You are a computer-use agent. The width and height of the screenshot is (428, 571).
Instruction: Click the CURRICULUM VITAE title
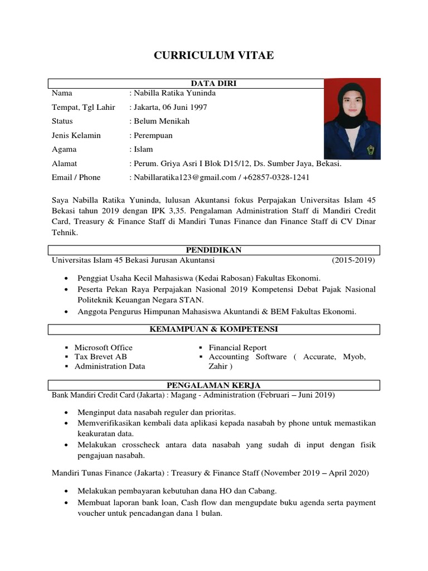[x=214, y=56]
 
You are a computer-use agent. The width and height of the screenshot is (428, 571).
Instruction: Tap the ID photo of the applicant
[x=352, y=119]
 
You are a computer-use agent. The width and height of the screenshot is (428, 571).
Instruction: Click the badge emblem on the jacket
[x=371, y=149]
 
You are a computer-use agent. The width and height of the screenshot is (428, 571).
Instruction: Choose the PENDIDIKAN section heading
[x=214, y=250]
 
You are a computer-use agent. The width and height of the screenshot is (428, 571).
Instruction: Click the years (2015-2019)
[x=353, y=260]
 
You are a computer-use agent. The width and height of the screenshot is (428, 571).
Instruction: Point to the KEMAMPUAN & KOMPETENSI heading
[x=214, y=330]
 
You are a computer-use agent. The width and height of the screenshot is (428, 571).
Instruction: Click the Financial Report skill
[x=237, y=347]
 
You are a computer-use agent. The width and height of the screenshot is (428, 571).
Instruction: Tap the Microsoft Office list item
[x=104, y=347]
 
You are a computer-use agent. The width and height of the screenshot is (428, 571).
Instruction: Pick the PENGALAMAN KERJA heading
[x=214, y=385]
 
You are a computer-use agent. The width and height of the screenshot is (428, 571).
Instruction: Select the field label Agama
[x=64, y=149]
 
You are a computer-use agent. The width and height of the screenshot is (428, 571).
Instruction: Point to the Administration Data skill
[x=110, y=366]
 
